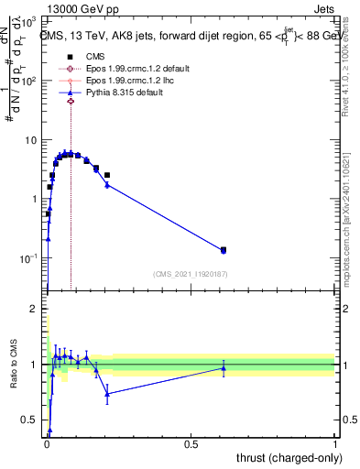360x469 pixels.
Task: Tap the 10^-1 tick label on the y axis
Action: pyautogui.click(x=29, y=258)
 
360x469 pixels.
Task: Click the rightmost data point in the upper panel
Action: pyautogui.click(x=223, y=249)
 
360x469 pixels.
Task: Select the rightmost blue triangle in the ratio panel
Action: pyautogui.click(x=223, y=368)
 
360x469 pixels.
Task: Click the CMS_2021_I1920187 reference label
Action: pyautogui.click(x=190, y=274)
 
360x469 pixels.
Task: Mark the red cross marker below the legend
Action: pyautogui.click(x=71, y=115)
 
